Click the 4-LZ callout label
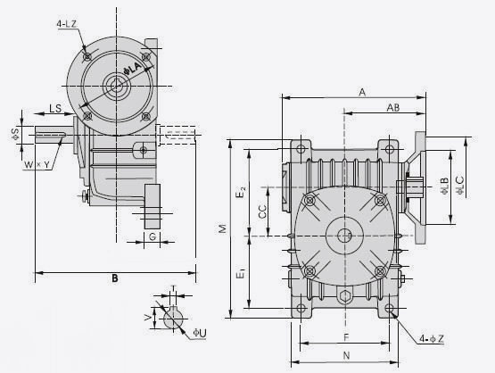67,24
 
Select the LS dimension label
55,108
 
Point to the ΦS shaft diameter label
16,134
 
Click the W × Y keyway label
37,164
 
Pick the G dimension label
153,236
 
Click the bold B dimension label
115,278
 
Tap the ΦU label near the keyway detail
200,333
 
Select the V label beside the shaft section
148,318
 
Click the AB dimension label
393,108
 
